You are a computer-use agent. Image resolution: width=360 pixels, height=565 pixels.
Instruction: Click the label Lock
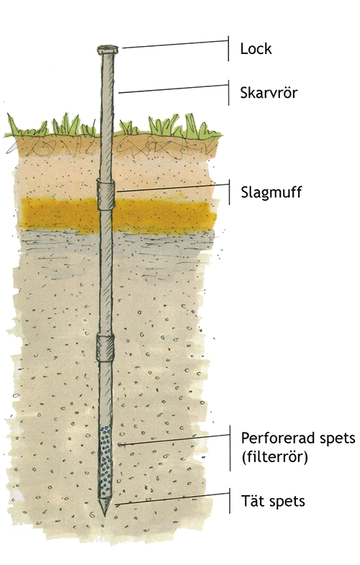point(256,49)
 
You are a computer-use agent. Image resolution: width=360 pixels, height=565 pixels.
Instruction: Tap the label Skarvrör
point(269,93)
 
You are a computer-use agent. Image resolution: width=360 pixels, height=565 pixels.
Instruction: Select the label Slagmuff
point(271,192)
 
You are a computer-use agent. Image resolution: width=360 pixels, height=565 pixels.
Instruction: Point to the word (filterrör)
point(274,457)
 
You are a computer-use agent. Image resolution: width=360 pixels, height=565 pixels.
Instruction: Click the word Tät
point(250,501)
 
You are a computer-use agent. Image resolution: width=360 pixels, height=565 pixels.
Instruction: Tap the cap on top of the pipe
point(108,50)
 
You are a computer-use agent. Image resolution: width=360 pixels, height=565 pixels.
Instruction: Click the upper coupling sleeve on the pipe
point(106,194)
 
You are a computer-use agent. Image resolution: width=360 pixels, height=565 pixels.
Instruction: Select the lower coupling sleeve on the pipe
point(105,348)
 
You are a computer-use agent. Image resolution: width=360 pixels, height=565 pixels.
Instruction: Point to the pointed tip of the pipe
point(105,515)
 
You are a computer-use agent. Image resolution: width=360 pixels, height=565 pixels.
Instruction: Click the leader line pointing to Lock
point(175,44)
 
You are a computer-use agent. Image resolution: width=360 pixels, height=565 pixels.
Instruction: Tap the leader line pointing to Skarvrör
point(174,89)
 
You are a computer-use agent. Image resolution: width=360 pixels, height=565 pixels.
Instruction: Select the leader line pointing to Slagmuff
point(172,188)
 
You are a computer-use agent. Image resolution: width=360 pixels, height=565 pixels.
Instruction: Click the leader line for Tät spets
point(172,499)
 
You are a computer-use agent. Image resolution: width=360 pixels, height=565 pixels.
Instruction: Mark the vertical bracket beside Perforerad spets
point(230,448)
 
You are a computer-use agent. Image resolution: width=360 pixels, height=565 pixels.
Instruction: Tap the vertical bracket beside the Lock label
point(228,49)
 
